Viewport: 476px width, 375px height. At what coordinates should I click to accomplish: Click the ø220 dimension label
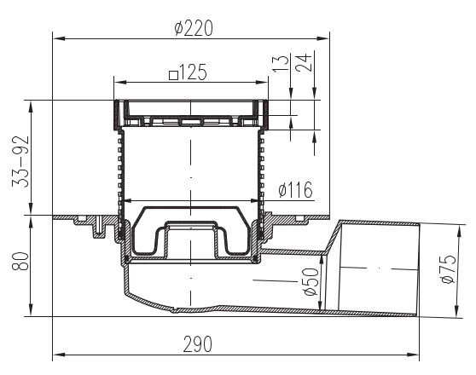(194, 28)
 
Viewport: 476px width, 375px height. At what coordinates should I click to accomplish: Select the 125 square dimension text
(189, 72)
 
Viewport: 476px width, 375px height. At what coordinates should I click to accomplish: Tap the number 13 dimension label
(281, 63)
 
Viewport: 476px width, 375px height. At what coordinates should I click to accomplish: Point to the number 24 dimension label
(305, 62)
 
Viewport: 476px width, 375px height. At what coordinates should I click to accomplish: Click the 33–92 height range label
(20, 161)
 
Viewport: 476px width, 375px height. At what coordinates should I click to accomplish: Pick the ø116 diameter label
(295, 190)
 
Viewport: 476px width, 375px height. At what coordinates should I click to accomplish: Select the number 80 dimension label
(20, 261)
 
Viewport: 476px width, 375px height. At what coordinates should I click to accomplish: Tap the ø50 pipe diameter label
(311, 282)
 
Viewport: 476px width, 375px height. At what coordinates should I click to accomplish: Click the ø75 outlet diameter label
(449, 269)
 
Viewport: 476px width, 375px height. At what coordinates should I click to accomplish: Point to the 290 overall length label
(198, 344)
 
